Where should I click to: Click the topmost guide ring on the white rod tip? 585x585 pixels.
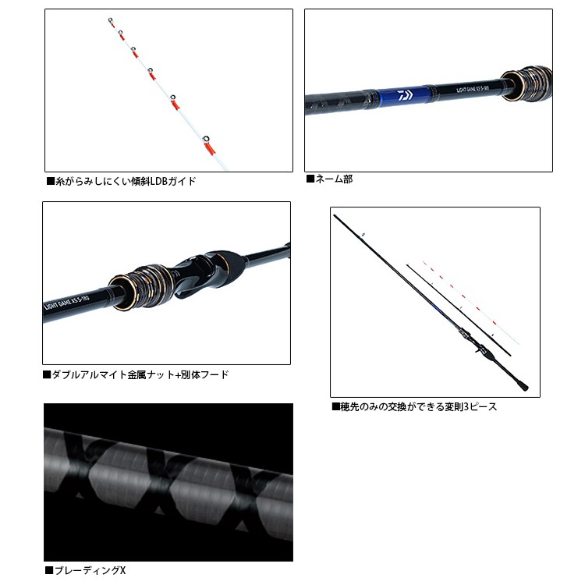[111, 19]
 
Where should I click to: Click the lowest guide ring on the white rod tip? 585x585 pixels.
[207, 139]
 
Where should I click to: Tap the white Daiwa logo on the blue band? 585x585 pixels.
[405, 95]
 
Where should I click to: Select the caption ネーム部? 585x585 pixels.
[329, 179]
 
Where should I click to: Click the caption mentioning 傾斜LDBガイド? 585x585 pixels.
[121, 181]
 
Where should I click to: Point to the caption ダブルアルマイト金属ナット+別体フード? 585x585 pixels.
[136, 374]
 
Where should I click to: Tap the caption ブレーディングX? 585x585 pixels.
[86, 570]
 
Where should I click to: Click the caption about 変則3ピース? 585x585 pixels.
[414, 406]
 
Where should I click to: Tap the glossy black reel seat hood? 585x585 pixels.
[205, 271]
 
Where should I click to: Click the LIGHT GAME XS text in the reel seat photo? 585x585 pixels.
[66, 303]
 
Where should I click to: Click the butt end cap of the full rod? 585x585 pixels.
[524, 387]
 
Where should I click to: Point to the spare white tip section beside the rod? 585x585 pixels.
[471, 302]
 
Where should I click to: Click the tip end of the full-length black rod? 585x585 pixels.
[335, 215]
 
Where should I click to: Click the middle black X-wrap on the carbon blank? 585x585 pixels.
[158, 473]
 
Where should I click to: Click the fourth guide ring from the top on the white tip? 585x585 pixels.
[151, 70]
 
